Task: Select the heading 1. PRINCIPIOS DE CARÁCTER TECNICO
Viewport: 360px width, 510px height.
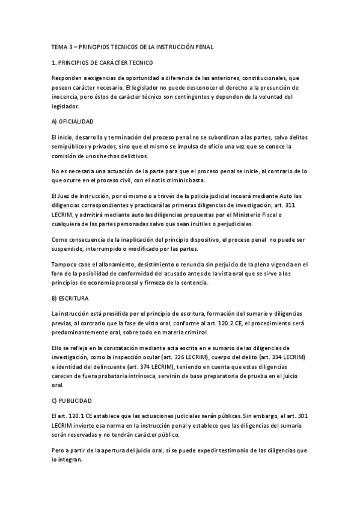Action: (102, 63)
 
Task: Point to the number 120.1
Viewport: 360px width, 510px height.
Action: (72, 416)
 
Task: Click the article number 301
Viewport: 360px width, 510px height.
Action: (302, 416)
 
